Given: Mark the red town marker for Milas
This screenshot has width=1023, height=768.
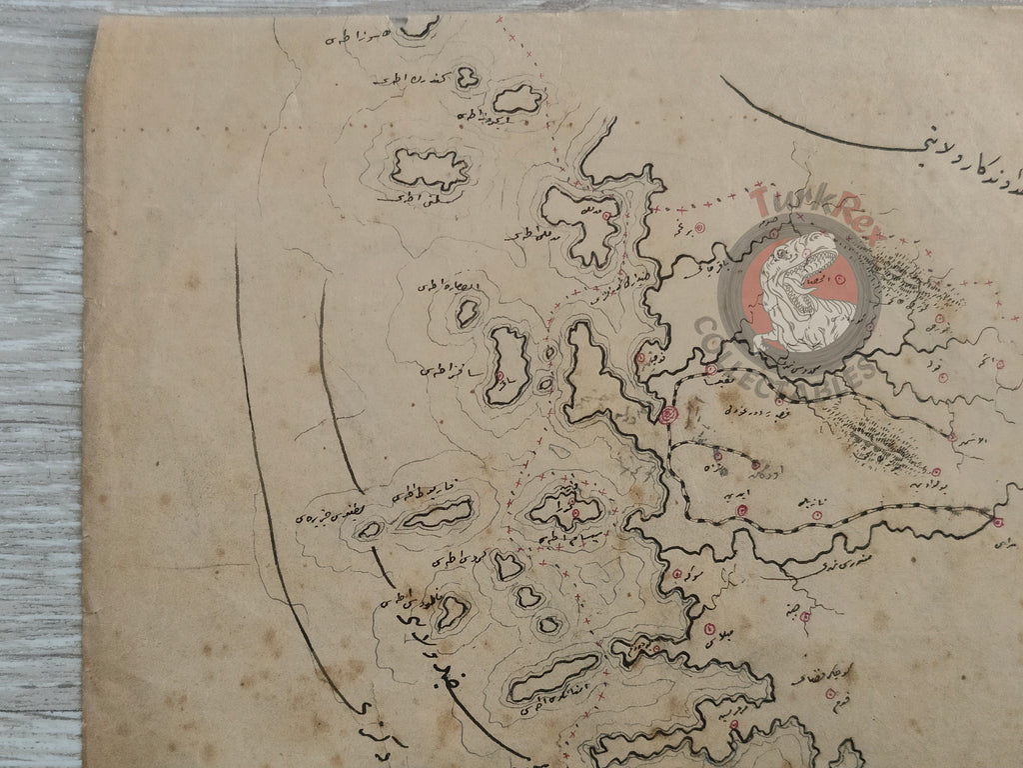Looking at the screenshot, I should (709, 629).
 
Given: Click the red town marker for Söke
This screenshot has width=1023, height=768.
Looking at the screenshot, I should (678, 574).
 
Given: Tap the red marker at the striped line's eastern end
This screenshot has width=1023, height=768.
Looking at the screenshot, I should (997, 521).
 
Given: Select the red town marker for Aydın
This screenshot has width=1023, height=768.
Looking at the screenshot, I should (741, 512).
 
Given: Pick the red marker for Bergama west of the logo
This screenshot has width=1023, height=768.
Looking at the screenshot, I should (699, 229).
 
